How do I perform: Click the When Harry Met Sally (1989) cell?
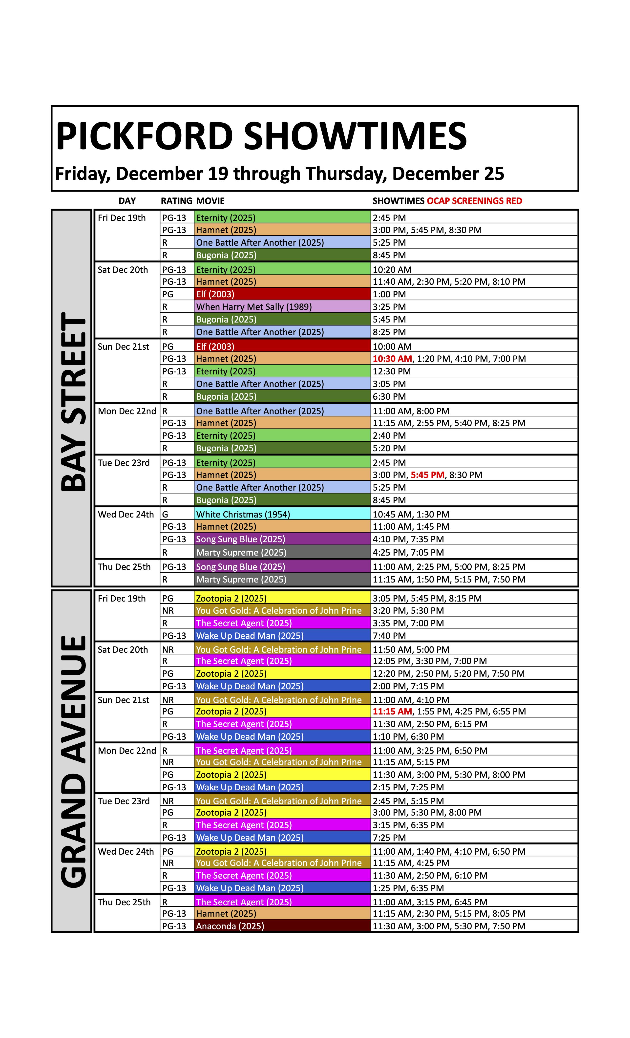click(x=254, y=307)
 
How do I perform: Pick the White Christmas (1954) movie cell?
click(x=243, y=514)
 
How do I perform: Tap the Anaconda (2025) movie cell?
click(x=230, y=926)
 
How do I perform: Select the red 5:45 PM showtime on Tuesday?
click(x=427, y=475)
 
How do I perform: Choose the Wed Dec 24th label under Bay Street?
click(x=126, y=514)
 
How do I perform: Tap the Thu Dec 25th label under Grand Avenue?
click(x=124, y=902)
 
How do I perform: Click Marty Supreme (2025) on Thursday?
click(x=241, y=579)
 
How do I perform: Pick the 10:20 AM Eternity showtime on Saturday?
click(x=392, y=270)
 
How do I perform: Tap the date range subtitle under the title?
click(x=280, y=173)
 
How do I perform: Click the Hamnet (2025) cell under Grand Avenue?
click(x=226, y=913)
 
